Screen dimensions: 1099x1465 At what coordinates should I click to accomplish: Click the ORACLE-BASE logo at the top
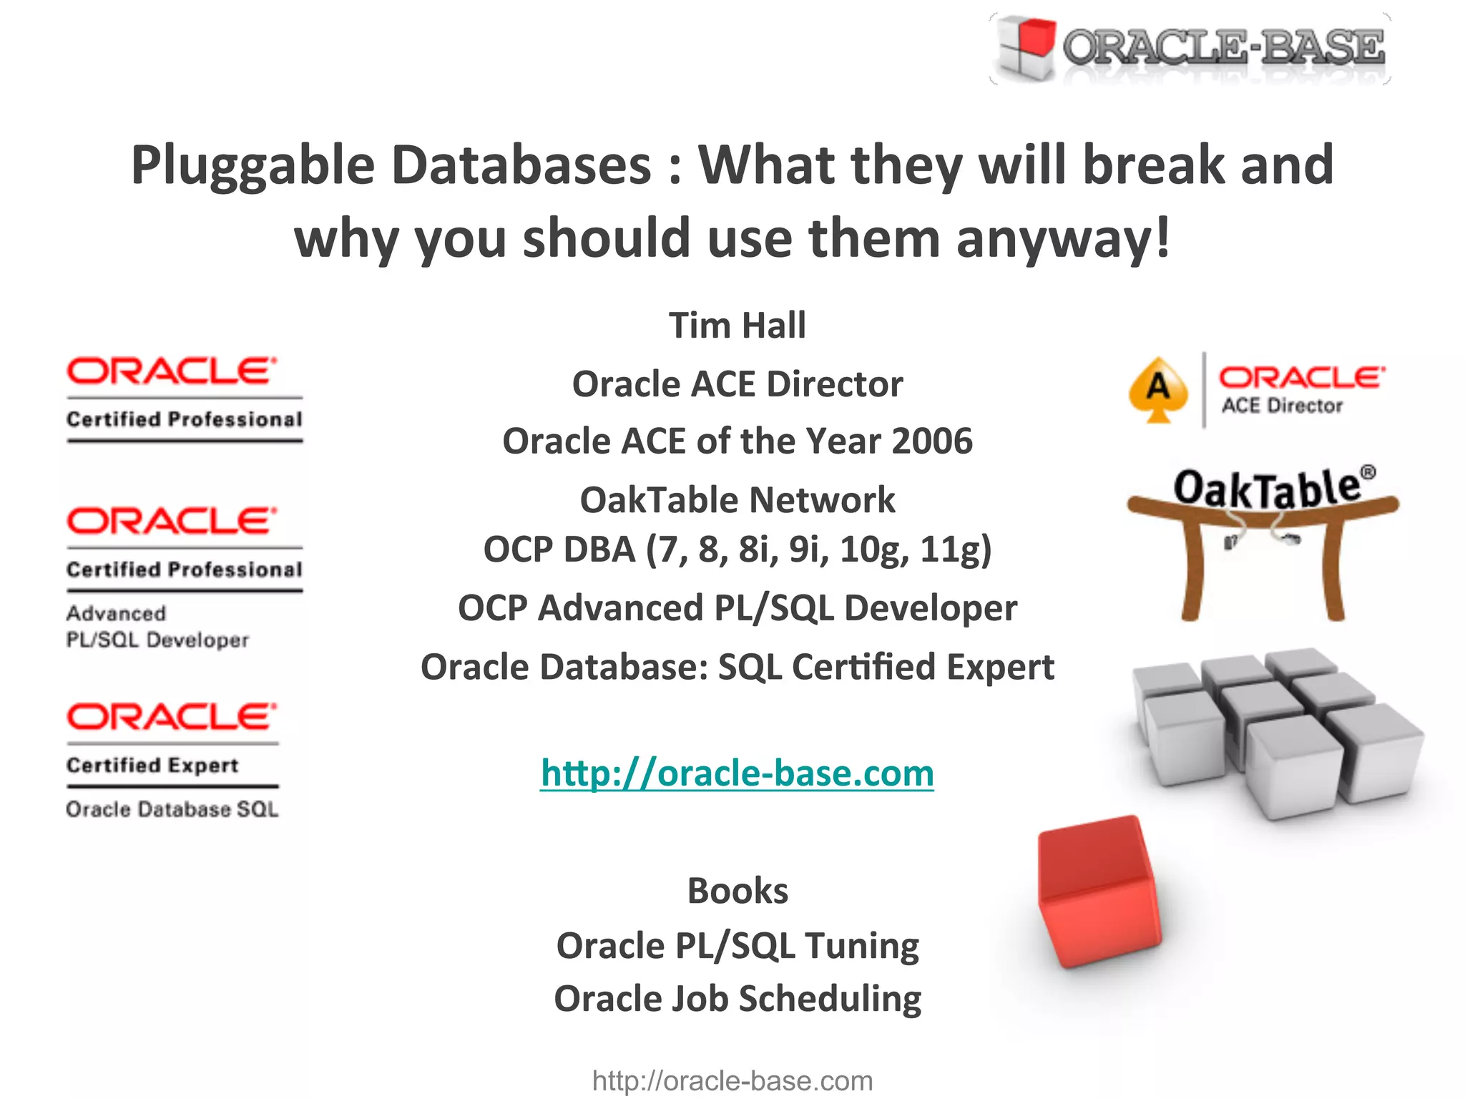click(1190, 49)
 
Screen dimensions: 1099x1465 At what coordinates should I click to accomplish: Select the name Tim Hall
click(737, 326)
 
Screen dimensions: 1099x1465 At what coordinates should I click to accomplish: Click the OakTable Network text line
click(737, 499)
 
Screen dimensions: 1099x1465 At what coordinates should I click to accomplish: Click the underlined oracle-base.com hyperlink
click(737, 773)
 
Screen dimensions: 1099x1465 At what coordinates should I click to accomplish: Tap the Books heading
click(737, 891)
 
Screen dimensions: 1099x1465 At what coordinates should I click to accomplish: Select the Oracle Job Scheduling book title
click(737, 999)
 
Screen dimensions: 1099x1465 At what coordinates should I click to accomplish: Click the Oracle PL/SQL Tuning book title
click(737, 946)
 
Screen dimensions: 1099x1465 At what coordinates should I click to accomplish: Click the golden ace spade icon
click(1158, 390)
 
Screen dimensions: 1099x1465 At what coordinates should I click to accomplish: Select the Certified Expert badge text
click(152, 765)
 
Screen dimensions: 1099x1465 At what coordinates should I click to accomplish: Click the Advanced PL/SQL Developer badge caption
click(157, 627)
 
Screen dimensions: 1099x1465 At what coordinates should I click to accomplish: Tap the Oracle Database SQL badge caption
click(172, 809)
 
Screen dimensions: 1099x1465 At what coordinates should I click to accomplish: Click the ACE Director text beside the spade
click(1282, 406)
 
